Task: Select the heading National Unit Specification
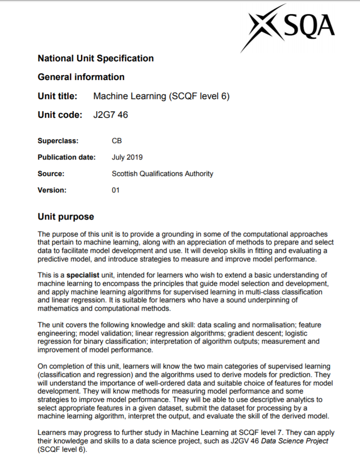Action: (x=96, y=58)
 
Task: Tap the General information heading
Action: (x=81, y=77)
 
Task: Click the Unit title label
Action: (x=58, y=96)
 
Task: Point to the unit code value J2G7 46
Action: (x=111, y=115)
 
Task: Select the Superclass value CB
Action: (x=117, y=141)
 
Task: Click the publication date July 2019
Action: (x=127, y=157)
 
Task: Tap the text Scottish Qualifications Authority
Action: (x=162, y=174)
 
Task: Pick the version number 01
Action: (x=116, y=190)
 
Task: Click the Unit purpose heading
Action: (x=66, y=217)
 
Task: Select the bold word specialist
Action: (x=83, y=275)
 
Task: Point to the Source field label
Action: (x=51, y=174)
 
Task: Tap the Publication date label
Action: (x=66, y=157)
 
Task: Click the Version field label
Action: (x=52, y=190)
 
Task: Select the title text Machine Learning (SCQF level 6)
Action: (x=161, y=96)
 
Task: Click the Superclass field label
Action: (x=58, y=141)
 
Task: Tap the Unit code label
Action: (x=60, y=115)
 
